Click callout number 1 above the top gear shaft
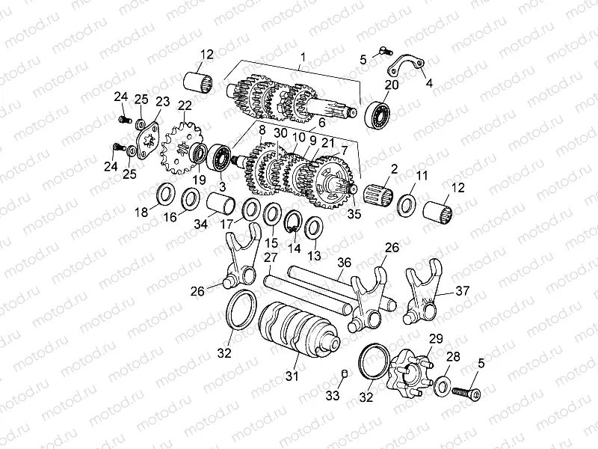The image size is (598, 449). pos(303,58)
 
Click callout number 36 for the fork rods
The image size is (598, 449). pos(344,263)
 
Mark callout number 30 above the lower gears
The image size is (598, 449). pos(280,132)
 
